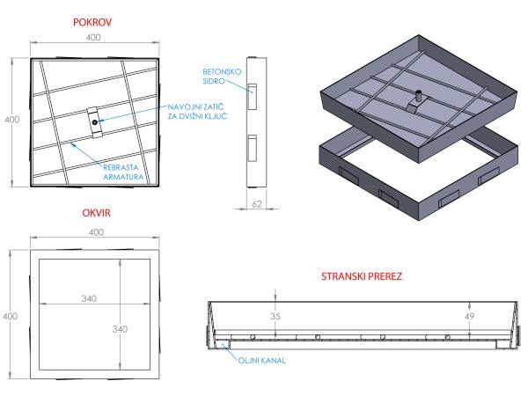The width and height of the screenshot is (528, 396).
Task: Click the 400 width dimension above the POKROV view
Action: coord(94,37)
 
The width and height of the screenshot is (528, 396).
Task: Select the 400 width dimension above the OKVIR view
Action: coord(94,231)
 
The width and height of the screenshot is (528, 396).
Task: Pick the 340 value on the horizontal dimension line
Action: coord(88,298)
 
